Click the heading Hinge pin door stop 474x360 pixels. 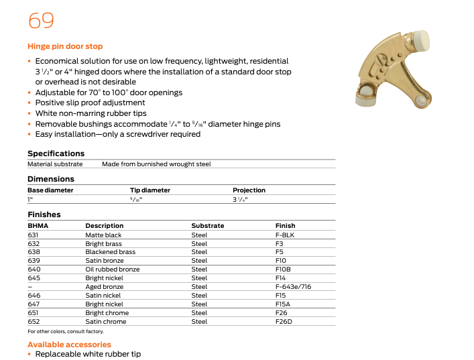(65, 46)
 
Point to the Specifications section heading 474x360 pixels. (56, 154)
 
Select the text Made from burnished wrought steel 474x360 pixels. (156, 164)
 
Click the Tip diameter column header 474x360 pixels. (150, 190)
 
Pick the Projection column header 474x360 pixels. (249, 190)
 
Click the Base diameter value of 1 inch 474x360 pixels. (29, 200)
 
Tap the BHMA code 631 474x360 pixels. (33, 235)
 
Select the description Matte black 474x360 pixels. (103, 235)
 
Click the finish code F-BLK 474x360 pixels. (285, 235)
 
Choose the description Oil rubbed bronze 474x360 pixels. (113, 269)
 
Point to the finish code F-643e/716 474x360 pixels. (293, 287)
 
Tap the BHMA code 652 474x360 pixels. (33, 322)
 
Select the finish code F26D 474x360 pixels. (284, 322)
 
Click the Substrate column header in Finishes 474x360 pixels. (208, 226)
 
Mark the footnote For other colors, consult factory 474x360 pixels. (66, 332)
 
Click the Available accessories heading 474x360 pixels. (69, 345)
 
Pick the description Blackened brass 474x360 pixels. (110, 252)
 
